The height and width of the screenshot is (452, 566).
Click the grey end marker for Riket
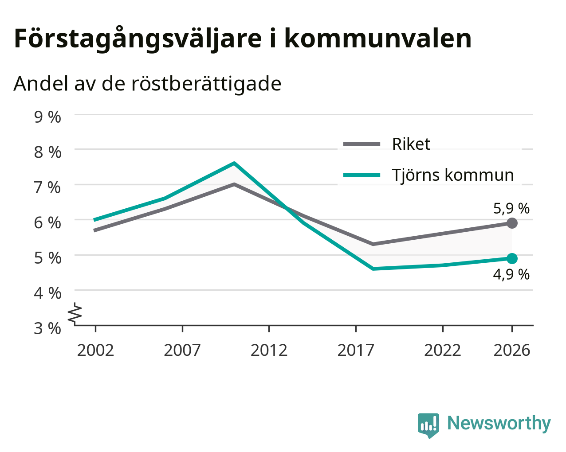pyautogui.click(x=511, y=223)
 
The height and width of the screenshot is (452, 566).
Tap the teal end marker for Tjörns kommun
pyautogui.click(x=511, y=259)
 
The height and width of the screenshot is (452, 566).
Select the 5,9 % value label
pyautogui.click(x=511, y=209)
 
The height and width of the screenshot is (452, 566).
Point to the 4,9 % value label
pyautogui.click(x=511, y=275)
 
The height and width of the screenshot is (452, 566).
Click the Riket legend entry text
pyautogui.click(x=411, y=144)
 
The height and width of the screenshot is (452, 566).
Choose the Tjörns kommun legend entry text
pyautogui.click(x=452, y=175)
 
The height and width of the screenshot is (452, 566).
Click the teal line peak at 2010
pyautogui.click(x=234, y=163)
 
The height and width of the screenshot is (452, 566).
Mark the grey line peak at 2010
pyautogui.click(x=234, y=184)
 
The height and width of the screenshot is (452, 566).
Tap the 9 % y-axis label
pyautogui.click(x=47, y=117)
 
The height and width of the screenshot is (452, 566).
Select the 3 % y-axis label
pyautogui.click(x=47, y=328)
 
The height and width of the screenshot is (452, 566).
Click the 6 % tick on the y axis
pyautogui.click(x=47, y=223)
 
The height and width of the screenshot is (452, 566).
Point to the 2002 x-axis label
pyautogui.click(x=95, y=350)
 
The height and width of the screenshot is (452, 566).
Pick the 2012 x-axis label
pyautogui.click(x=269, y=350)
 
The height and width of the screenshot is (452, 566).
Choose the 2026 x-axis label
pyautogui.click(x=511, y=350)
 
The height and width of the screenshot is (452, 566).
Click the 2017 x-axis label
pyautogui.click(x=356, y=350)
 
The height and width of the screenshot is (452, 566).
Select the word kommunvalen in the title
pyautogui.click(x=378, y=39)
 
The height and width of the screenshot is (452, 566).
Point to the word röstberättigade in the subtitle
pyautogui.click(x=206, y=84)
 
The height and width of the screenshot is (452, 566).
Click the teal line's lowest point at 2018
pyautogui.click(x=373, y=269)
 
